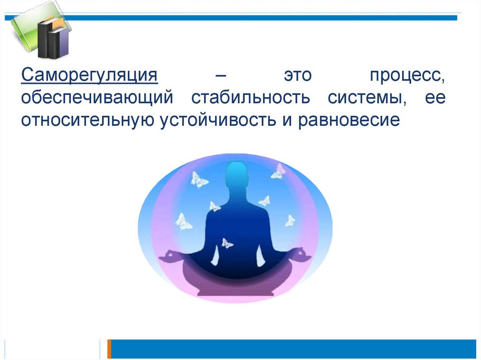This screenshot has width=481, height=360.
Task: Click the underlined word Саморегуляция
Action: click(89, 75)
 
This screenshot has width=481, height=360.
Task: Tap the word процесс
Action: click(407, 76)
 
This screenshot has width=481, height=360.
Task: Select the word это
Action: click(297, 75)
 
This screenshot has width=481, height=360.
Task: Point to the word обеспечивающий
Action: click(97, 98)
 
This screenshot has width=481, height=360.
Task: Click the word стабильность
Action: click(250, 97)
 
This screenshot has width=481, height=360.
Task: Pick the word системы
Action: click(367, 98)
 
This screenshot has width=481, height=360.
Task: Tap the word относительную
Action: click(87, 120)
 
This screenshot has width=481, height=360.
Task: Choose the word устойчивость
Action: click(218, 120)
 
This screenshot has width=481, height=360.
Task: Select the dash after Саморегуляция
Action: click(221, 76)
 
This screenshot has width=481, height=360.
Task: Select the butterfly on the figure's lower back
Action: click(227, 244)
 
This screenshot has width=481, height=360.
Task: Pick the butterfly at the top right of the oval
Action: click(278, 171)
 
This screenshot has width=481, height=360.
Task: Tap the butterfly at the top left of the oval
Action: click(199, 180)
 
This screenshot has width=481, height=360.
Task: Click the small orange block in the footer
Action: click(109, 349)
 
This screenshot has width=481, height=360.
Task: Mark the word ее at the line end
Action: click(435, 98)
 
